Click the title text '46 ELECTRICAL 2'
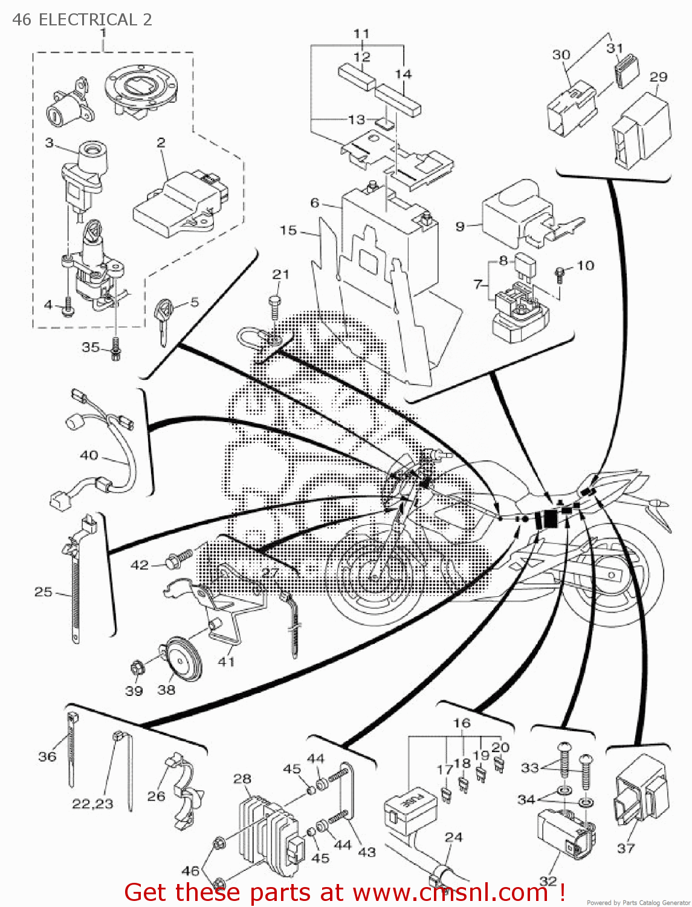coord(82,19)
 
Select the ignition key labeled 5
coord(164,321)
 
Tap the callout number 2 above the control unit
coord(161,143)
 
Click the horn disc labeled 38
coord(182,660)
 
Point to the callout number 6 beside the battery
coord(314,203)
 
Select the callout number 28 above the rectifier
coord(242,779)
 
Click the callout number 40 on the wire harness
coord(89,455)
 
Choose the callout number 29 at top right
coord(658,77)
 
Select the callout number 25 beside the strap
coord(43,591)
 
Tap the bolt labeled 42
coord(176,559)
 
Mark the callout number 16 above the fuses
coord(462,723)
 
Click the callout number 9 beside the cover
coord(460,226)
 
